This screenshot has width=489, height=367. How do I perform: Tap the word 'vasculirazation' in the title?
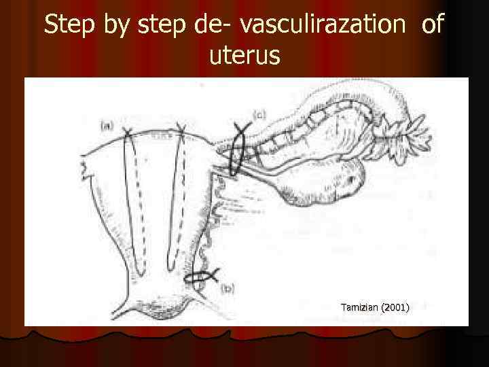click(323, 25)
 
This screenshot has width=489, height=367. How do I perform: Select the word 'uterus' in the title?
click(244, 56)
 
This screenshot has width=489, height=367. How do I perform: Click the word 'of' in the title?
click(432, 25)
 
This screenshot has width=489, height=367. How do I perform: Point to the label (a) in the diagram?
click(107, 125)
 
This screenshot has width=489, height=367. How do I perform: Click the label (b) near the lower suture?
click(228, 289)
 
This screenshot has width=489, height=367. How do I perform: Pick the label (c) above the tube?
click(259, 116)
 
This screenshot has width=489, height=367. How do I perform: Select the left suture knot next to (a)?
click(127, 133)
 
